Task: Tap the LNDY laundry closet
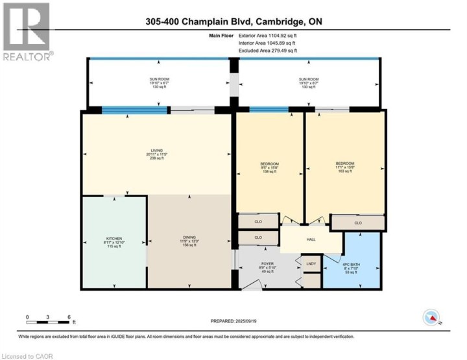click(311, 263)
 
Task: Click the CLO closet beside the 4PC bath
click(357, 223)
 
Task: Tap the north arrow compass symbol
click(431, 317)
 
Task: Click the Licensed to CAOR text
click(29, 355)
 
